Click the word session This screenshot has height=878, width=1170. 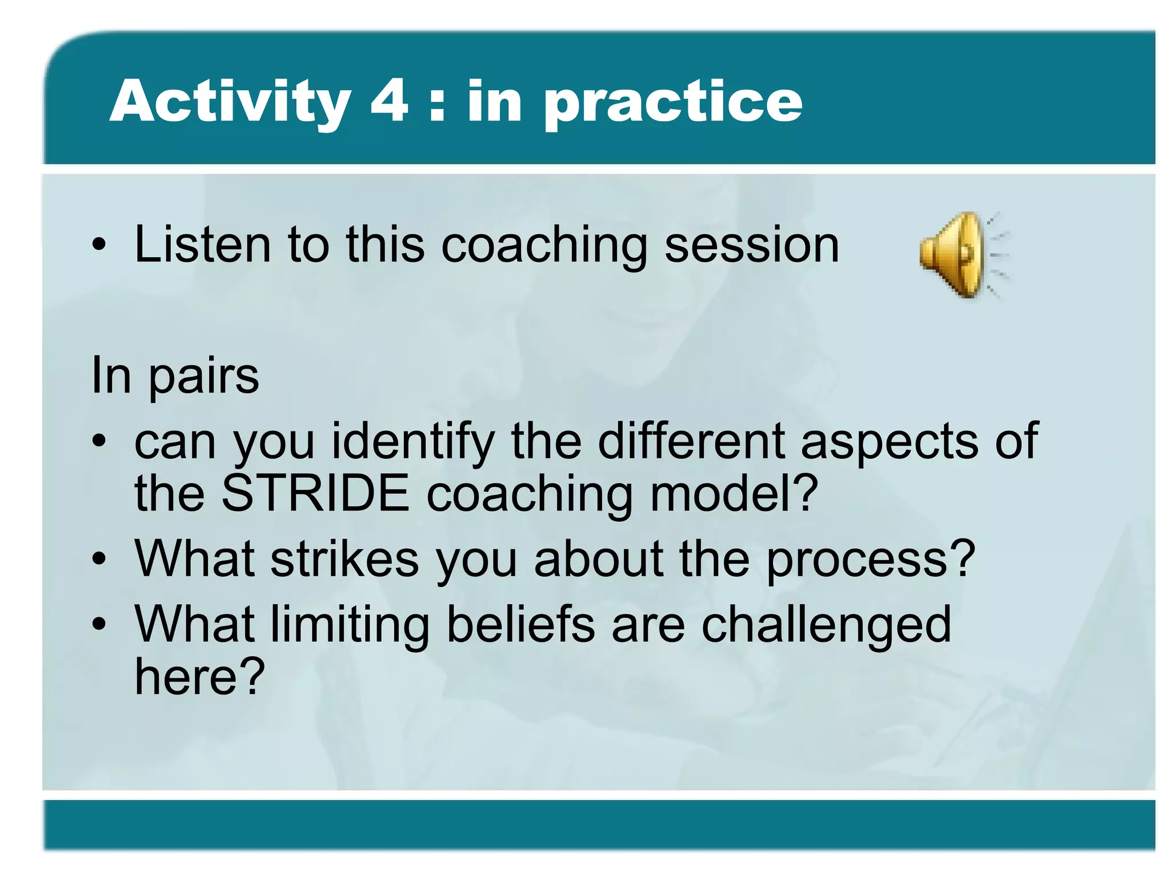(752, 246)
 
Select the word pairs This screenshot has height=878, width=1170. (204, 377)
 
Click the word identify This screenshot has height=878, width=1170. (412, 442)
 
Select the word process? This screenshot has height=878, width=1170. (870, 560)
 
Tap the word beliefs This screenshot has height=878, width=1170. (520, 624)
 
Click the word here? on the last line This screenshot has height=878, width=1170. (199, 677)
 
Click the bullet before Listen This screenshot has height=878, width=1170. (99, 246)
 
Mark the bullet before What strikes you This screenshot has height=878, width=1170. (99, 560)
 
